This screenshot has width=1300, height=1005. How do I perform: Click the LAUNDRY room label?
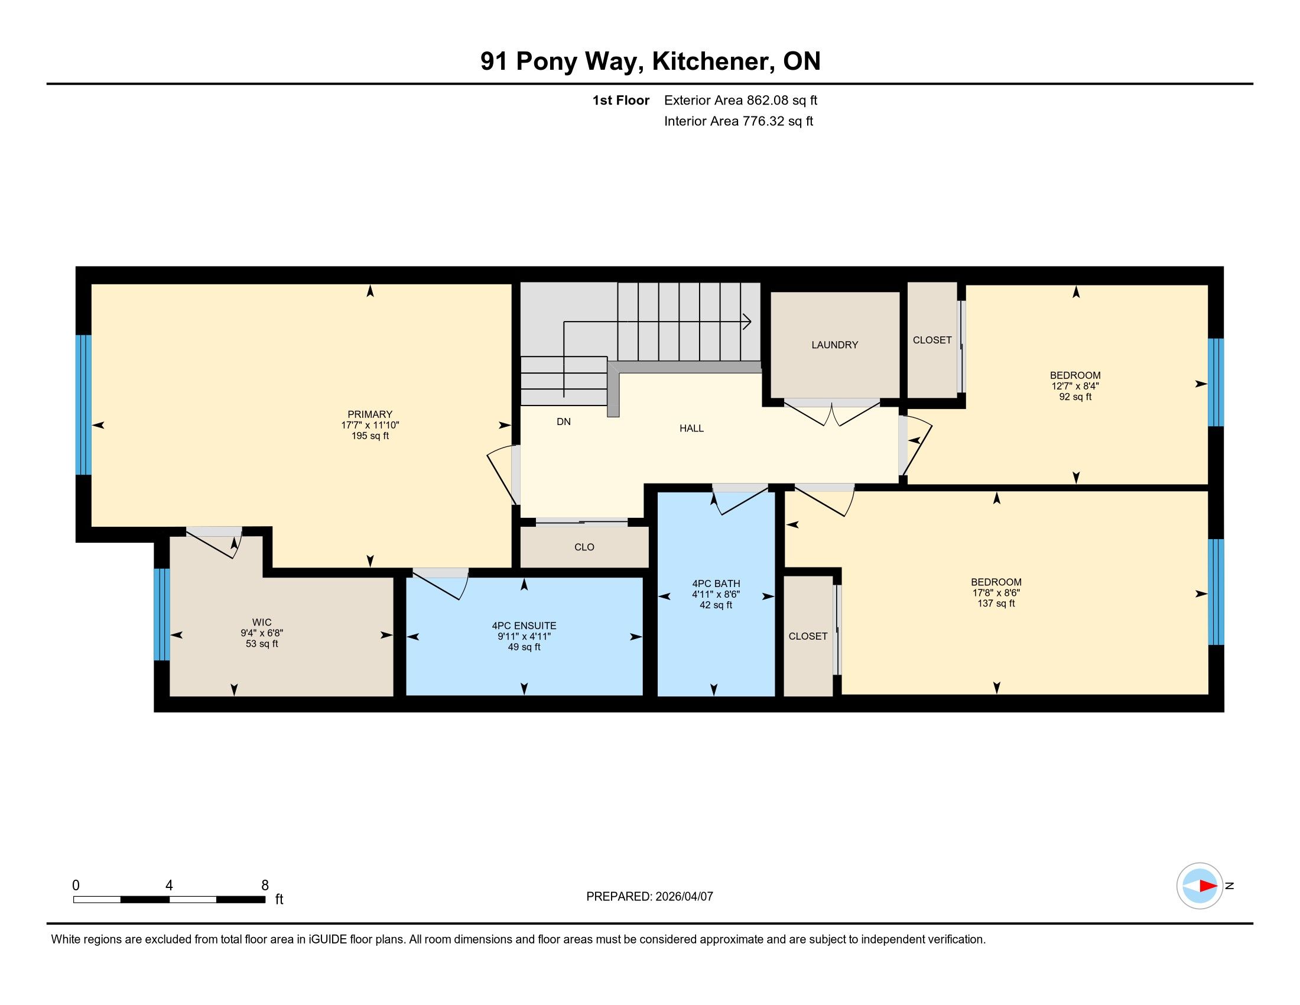[834, 345]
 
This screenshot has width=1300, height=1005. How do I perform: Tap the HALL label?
[692, 428]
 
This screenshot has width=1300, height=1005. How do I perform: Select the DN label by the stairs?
[564, 422]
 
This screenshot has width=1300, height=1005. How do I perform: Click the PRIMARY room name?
[370, 414]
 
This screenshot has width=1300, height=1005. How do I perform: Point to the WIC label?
[262, 622]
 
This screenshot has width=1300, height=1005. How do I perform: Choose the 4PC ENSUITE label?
[524, 625]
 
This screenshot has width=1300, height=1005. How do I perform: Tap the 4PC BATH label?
[716, 583]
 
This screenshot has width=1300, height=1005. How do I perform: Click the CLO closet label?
[584, 547]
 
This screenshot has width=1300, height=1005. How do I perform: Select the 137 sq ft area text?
[996, 603]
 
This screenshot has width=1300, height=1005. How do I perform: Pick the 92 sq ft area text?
[1075, 397]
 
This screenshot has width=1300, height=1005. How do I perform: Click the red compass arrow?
[1208, 886]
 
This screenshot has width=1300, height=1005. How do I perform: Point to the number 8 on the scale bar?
[265, 885]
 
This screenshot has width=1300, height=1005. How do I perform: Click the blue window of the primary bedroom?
[84, 405]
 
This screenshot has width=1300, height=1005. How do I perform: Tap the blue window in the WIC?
[162, 614]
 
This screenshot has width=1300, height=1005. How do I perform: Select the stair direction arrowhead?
[747, 322]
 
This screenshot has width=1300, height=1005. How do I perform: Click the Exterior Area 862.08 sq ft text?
[740, 100]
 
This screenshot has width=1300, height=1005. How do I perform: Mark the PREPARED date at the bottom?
[649, 896]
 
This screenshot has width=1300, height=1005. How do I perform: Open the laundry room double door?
[831, 412]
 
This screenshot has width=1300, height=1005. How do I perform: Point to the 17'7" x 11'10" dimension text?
[370, 425]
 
